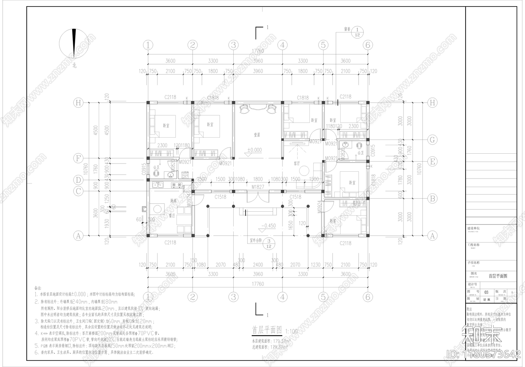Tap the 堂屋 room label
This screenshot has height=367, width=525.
click(x=257, y=135)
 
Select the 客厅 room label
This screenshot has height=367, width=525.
click(x=297, y=163)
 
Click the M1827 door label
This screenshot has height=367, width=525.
click(x=258, y=187)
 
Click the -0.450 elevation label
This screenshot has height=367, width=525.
click(x=268, y=226)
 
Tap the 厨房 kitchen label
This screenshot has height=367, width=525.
click(x=174, y=201)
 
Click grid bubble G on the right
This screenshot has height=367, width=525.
click(x=432, y=140)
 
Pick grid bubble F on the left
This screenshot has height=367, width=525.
click(x=78, y=159)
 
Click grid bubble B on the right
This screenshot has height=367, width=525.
click(x=432, y=198)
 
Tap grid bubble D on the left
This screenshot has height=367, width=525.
click(x=78, y=180)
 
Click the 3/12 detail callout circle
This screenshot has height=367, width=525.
click(x=269, y=243)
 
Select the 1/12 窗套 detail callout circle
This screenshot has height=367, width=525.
click(x=357, y=32)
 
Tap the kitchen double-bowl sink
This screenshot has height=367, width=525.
click(x=157, y=185)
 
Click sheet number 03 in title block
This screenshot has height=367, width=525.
click(x=486, y=292)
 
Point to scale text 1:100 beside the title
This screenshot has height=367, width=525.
click(x=292, y=331)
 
